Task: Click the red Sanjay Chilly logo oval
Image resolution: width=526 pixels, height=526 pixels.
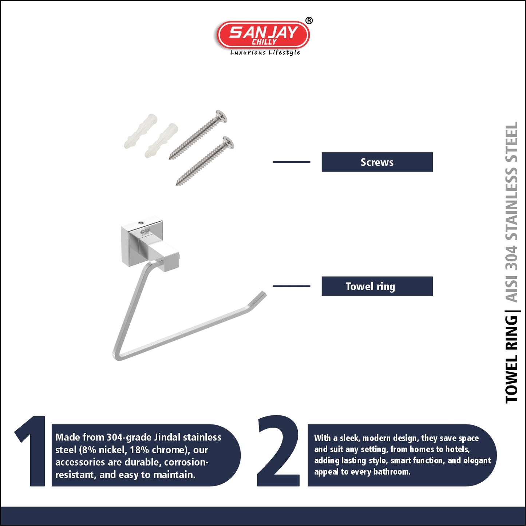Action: (x=263, y=35)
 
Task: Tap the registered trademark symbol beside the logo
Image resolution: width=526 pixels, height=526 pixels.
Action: (x=309, y=21)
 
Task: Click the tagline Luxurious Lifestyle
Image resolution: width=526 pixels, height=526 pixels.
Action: (x=265, y=52)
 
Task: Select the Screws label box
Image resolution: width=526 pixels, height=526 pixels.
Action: (x=377, y=162)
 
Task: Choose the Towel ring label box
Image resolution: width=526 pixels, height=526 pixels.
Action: (x=377, y=286)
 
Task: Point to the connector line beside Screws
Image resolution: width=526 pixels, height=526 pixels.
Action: (x=291, y=162)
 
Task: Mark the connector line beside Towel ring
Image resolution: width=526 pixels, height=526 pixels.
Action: (x=291, y=286)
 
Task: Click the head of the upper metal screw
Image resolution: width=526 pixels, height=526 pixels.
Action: (x=221, y=116)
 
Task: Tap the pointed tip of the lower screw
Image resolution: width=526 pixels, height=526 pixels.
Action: (x=177, y=185)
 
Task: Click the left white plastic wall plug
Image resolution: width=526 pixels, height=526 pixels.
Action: (x=141, y=131)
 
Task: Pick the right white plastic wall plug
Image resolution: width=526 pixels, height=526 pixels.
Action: (x=161, y=140)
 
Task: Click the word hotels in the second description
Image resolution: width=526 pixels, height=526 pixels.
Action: (x=458, y=449)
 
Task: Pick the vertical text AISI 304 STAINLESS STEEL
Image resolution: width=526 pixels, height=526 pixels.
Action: (x=511, y=212)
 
